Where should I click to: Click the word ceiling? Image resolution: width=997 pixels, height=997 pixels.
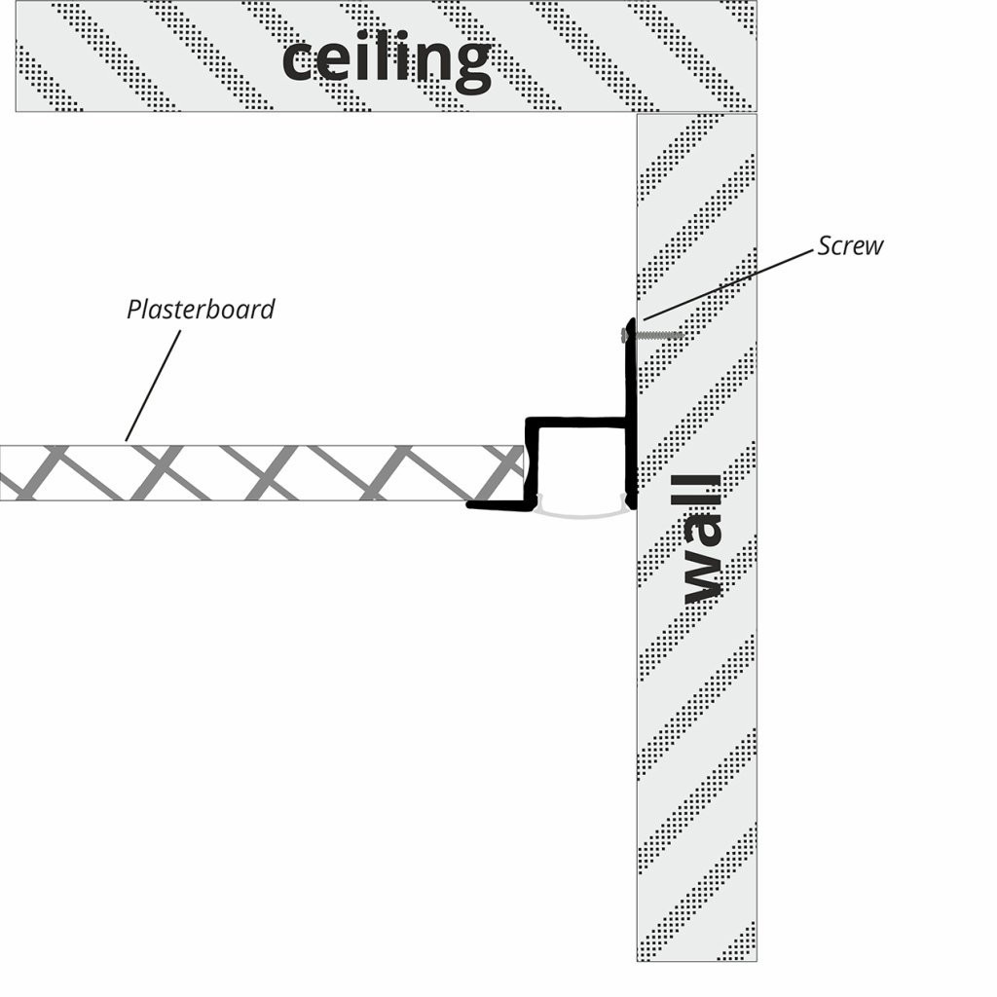pos(386,60)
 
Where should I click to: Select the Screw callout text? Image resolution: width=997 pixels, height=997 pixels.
pos(850,245)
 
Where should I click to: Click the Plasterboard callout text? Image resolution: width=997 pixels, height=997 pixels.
pos(201,310)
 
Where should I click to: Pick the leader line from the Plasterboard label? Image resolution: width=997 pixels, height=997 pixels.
pos(154,385)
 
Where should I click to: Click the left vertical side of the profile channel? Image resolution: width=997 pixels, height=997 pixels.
pos(532,462)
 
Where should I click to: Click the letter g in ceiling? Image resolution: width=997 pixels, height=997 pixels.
pos(469,66)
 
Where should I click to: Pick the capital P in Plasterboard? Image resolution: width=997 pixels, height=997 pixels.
pos(133,310)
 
